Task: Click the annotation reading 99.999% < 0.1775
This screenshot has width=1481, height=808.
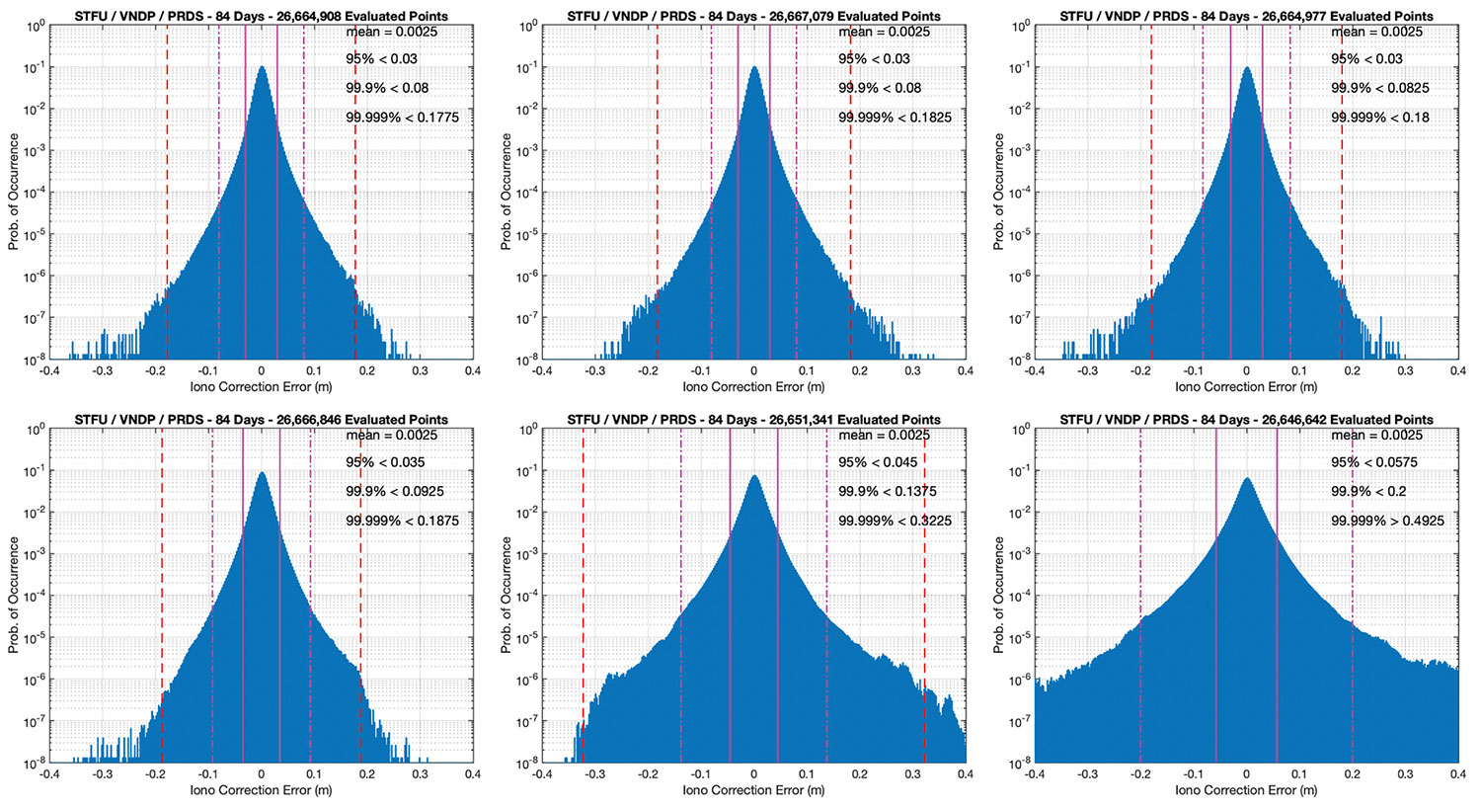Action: click(402, 118)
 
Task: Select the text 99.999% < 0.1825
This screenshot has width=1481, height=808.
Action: click(895, 118)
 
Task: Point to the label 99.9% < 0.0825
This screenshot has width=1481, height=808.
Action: click(1379, 88)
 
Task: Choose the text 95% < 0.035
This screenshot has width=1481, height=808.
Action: click(385, 462)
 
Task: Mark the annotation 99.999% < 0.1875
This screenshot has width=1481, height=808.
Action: click(402, 521)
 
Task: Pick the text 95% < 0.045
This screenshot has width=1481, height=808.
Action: click(878, 462)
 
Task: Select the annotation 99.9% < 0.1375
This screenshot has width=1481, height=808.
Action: click(887, 491)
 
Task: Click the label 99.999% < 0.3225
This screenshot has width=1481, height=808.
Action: click(895, 521)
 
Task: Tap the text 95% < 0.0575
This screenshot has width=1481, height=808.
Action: click(1374, 462)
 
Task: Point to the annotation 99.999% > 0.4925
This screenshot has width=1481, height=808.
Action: click(1387, 521)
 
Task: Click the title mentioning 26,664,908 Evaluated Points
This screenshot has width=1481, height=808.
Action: click(262, 16)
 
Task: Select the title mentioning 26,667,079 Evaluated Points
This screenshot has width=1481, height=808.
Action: click(754, 16)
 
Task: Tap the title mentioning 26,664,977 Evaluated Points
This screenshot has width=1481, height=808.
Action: click(1247, 16)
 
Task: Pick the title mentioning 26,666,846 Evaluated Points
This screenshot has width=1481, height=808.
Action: click(262, 420)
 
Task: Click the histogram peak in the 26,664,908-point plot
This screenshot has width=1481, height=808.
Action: click(262, 69)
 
